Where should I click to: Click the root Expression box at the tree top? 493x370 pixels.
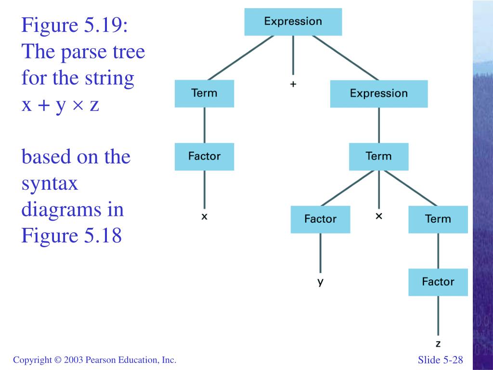[293, 22]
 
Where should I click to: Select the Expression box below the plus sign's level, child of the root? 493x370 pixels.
[378, 93]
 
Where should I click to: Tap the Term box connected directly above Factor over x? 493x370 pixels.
[204, 93]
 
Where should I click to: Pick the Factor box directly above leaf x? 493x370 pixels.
[204, 157]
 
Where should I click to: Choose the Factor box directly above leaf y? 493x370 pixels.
[320, 219]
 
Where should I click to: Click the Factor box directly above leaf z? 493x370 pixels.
[438, 282]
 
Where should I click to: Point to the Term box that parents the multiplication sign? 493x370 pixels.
[378, 157]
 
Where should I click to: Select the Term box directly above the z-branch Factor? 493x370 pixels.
[438, 219]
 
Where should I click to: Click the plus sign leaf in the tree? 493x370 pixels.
[293, 84]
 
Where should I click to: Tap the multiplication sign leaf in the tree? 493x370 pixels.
[379, 216]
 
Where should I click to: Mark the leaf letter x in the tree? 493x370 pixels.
[204, 217]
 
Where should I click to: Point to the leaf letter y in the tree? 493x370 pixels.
[320, 282]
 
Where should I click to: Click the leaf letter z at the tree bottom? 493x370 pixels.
[438, 344]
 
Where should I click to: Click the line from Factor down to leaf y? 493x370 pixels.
[320, 253]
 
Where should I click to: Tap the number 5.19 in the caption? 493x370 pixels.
[103, 26]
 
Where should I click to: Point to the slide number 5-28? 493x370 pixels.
[453, 360]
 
